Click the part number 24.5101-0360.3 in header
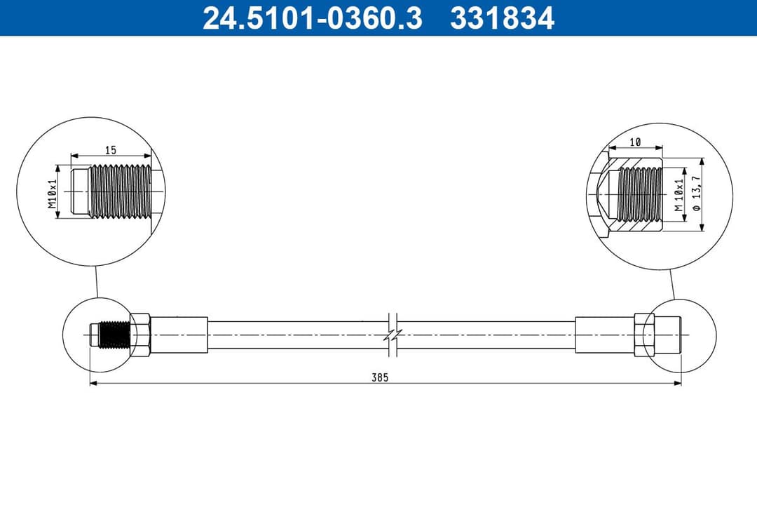click(x=312, y=19)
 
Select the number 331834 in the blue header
click(x=502, y=19)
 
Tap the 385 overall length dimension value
click(x=380, y=377)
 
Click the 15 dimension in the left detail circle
click(x=111, y=149)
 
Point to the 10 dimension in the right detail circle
click(x=635, y=142)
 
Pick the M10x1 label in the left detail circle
click(x=52, y=194)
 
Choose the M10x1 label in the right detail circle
click(x=678, y=194)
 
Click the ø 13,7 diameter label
click(x=697, y=196)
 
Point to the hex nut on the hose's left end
click(x=139, y=335)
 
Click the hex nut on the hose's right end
click(x=643, y=335)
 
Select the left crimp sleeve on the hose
click(x=179, y=335)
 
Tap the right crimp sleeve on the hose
click(x=603, y=335)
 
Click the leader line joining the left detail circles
click(x=96, y=283)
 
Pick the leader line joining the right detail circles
click(x=671, y=283)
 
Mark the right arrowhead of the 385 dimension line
click(x=678, y=383)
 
